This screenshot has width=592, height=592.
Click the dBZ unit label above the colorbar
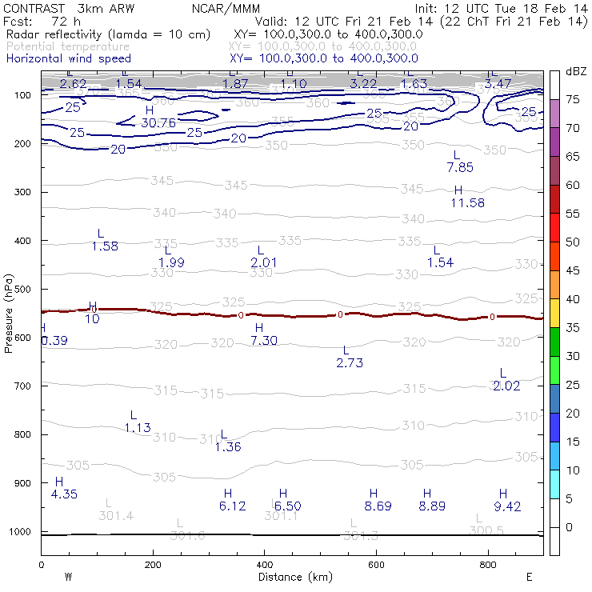point(575,71)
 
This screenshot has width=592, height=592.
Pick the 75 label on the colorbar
point(573,99)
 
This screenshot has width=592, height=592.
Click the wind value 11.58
point(467,203)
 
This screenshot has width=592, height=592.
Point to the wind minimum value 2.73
point(350,362)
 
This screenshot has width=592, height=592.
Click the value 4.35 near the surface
point(64,494)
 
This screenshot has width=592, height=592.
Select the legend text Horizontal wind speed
point(68,58)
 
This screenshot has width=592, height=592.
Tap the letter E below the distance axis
point(528,577)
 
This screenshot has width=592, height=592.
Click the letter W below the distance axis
point(68,577)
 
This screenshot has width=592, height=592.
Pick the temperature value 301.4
point(115,515)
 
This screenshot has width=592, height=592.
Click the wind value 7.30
point(263,341)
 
